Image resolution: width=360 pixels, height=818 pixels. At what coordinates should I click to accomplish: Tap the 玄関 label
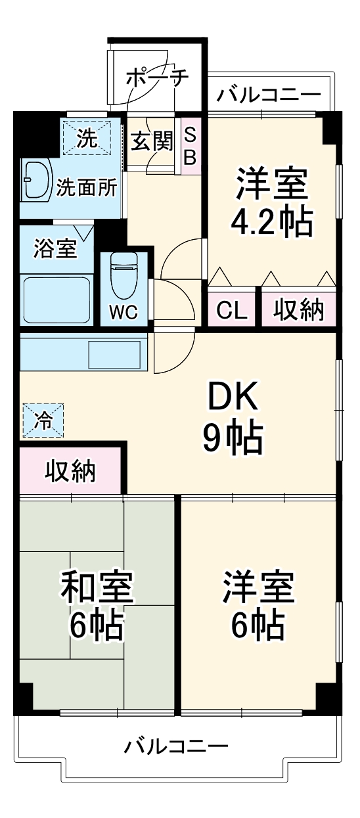[150, 141]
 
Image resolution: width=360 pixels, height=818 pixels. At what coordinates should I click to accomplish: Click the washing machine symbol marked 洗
[87, 137]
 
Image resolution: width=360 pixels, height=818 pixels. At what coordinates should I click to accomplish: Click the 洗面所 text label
[86, 189]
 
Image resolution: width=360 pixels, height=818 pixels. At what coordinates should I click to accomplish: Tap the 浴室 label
[55, 249]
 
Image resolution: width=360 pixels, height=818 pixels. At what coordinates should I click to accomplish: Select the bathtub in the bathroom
[56, 299]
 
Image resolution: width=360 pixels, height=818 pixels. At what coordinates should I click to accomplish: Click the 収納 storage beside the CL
[298, 310]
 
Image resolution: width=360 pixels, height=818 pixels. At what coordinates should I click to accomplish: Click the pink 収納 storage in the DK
[70, 470]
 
